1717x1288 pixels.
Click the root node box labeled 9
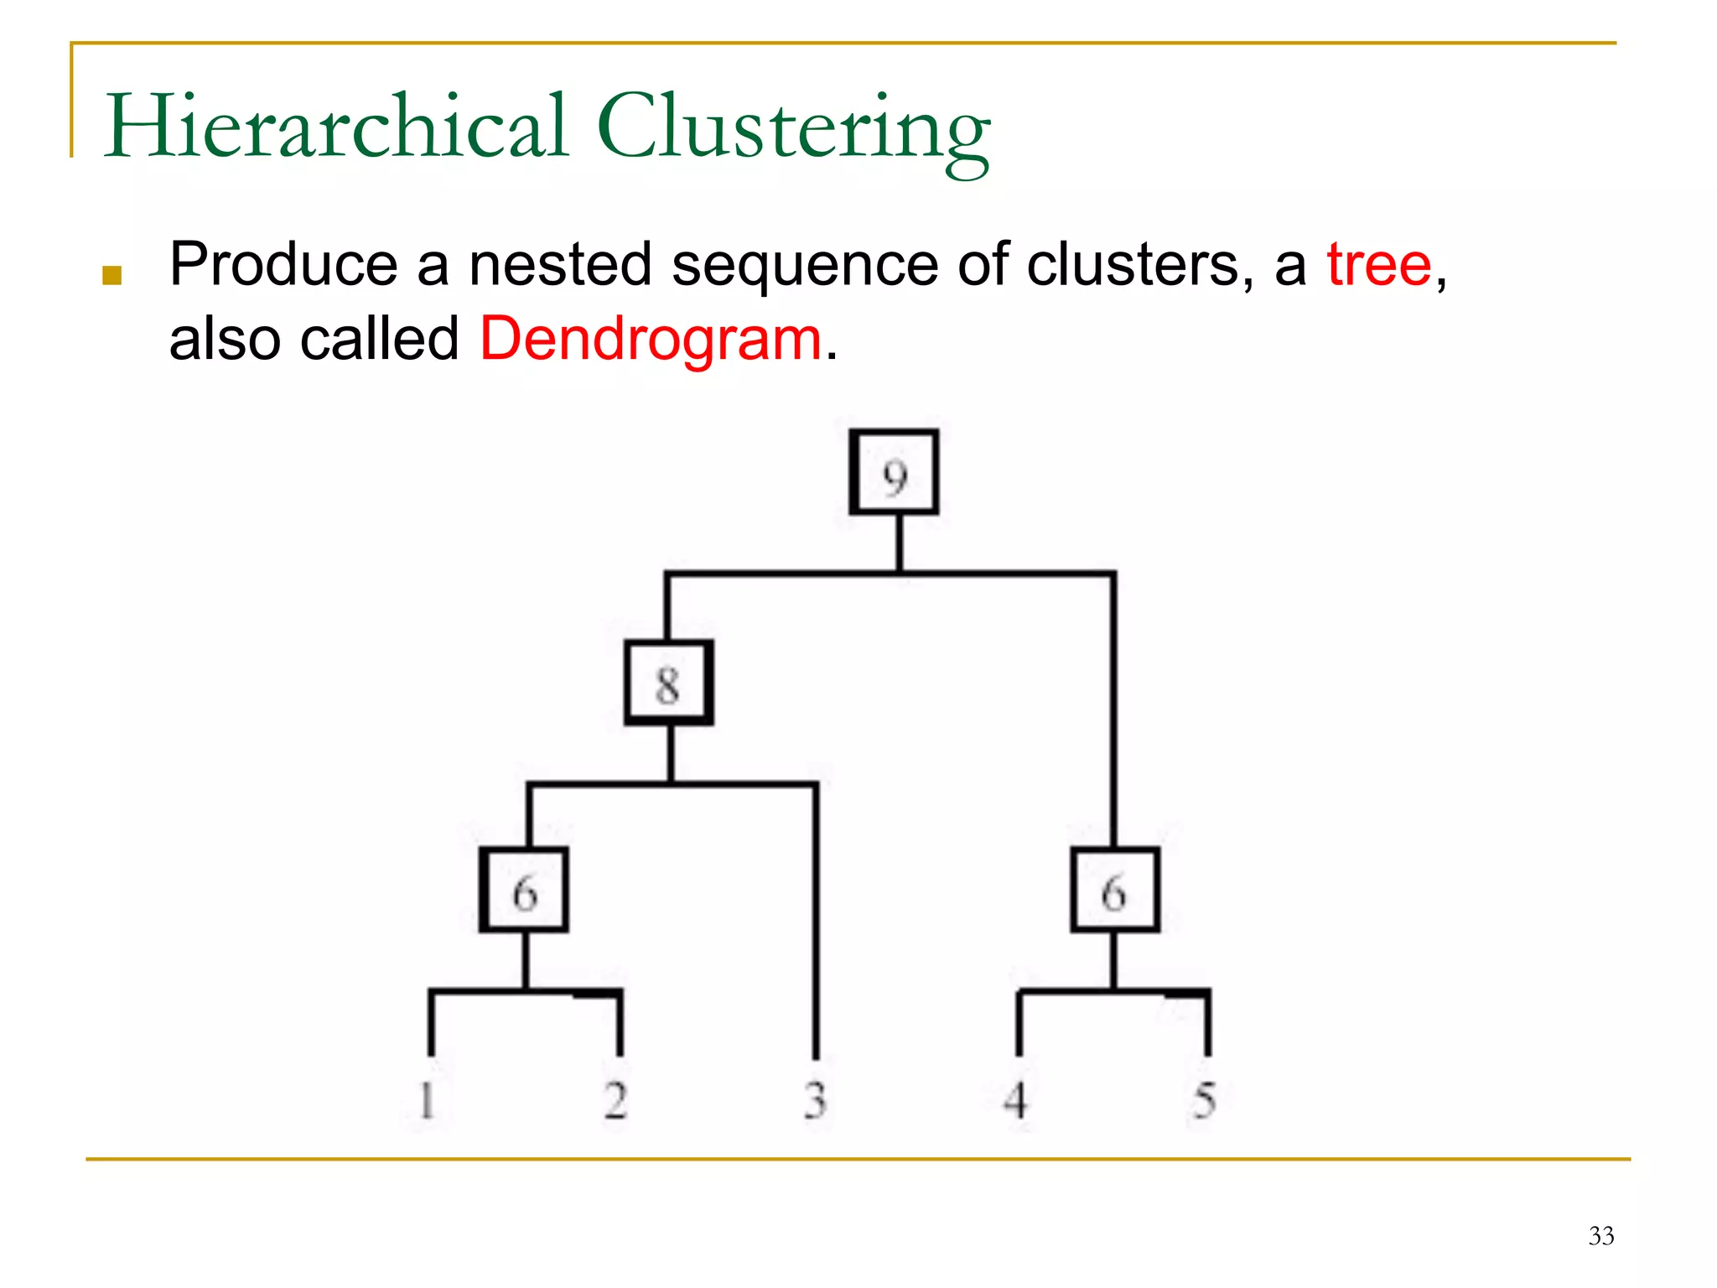point(894,473)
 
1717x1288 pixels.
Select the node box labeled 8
point(669,683)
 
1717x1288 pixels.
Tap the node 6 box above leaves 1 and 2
point(525,891)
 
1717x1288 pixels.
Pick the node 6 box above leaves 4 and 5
point(1115,891)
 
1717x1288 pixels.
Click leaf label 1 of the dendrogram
point(427,1100)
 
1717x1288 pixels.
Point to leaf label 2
point(615,1100)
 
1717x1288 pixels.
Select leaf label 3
point(815,1100)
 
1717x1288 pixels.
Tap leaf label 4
point(1016,1100)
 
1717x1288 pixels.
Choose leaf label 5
point(1205,1100)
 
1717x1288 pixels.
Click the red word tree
point(1379,265)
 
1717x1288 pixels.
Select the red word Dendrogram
point(651,340)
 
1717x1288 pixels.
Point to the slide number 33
point(1600,1236)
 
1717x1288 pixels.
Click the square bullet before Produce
point(112,275)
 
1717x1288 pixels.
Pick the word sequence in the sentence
point(805,267)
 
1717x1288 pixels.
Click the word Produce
point(283,265)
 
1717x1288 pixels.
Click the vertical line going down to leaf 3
point(816,922)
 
